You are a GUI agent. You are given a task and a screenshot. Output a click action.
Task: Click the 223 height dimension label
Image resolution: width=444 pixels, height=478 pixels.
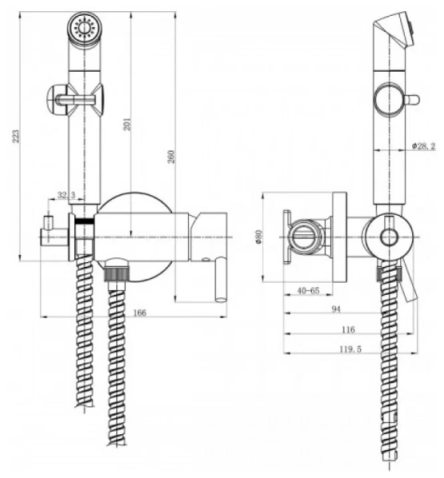point(16,136)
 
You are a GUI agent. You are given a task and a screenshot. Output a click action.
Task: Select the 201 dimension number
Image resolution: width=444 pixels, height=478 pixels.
point(128,124)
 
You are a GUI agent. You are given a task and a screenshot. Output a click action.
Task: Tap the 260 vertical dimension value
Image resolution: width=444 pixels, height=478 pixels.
point(171,156)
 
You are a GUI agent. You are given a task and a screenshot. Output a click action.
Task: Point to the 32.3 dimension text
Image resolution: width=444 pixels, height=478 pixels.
point(66,195)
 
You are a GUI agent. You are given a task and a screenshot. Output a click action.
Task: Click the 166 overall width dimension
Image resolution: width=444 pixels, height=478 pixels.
point(139,313)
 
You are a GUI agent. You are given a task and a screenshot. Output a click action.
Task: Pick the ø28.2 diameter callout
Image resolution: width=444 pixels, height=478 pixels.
point(424,146)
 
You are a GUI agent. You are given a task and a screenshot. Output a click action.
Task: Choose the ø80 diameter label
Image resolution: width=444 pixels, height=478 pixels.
point(258,237)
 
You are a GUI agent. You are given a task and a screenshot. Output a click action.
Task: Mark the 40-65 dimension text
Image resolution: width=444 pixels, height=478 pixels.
point(308,291)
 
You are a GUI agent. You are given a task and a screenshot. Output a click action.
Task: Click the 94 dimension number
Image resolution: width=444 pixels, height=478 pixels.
point(336,309)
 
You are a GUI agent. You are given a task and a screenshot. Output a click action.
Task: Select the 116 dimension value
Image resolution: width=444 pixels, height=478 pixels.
point(348,330)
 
